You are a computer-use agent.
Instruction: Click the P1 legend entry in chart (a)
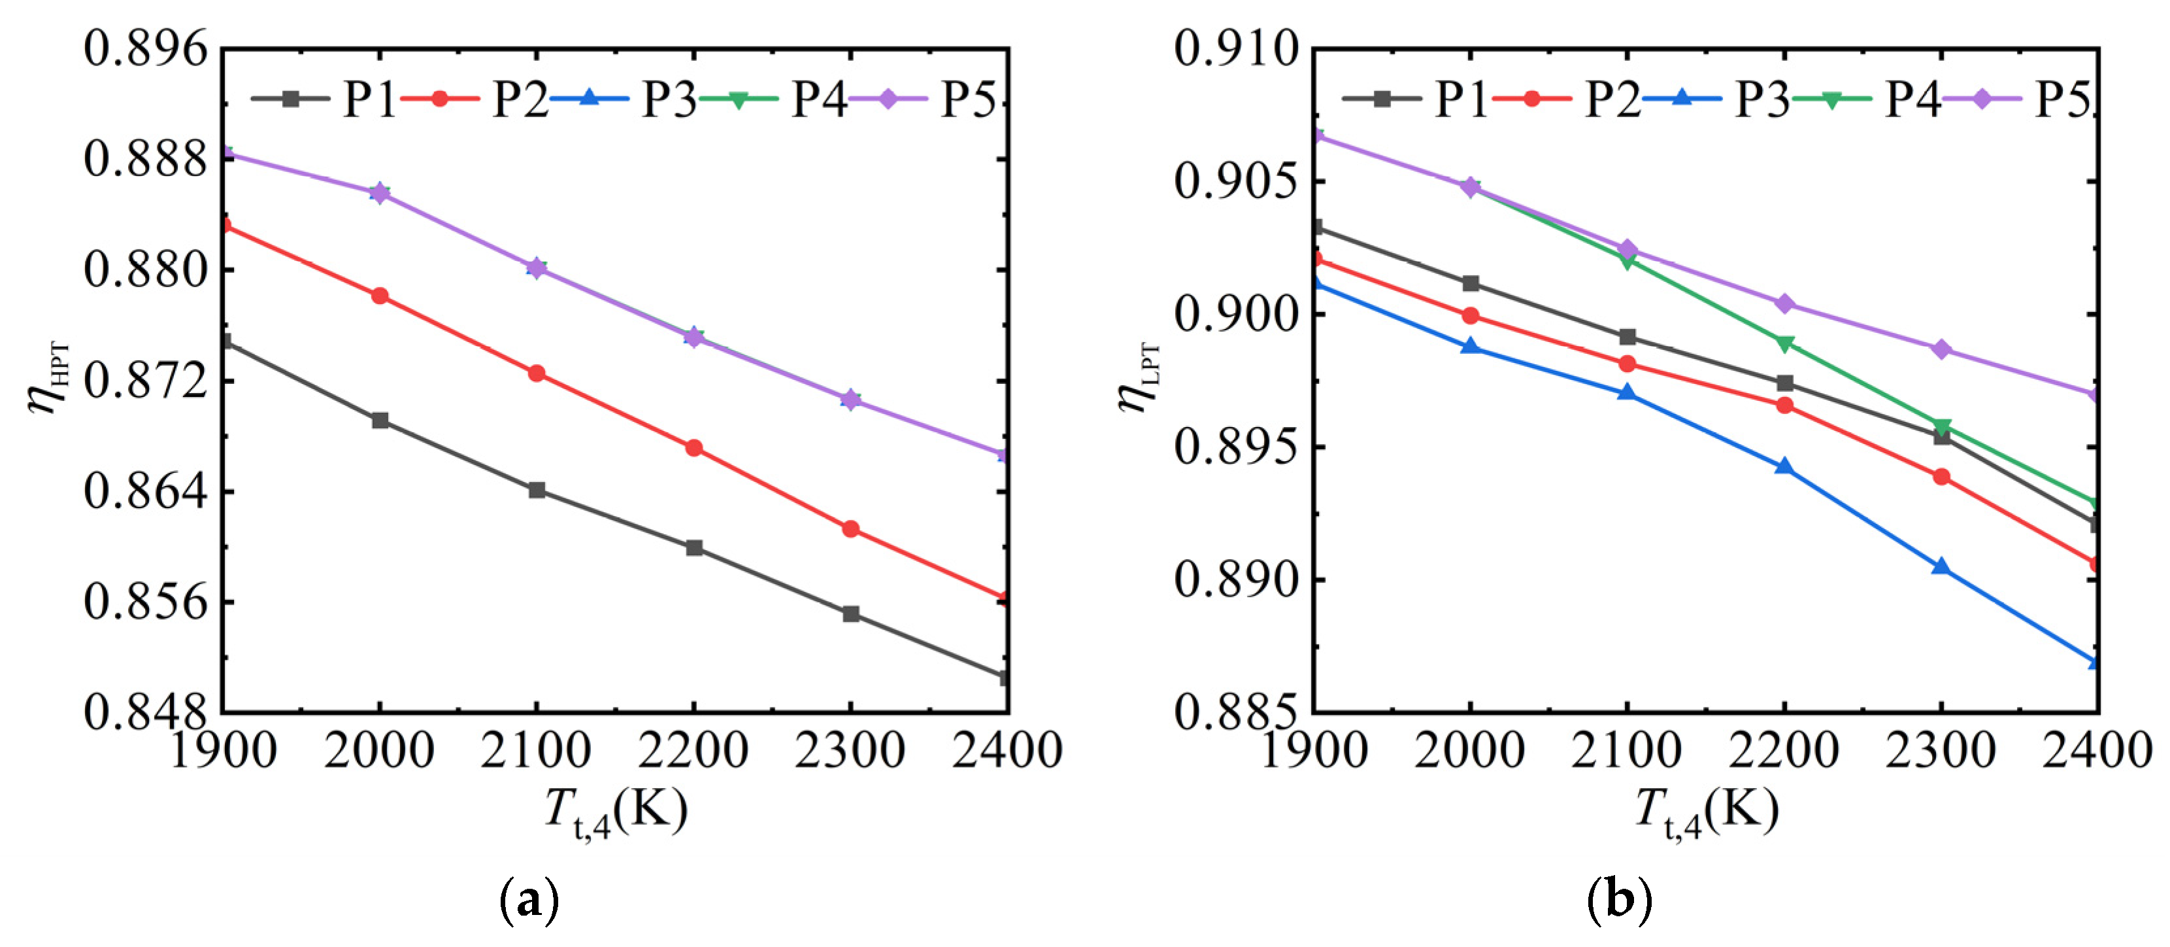coord(324,99)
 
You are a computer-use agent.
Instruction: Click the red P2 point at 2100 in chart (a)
coord(537,373)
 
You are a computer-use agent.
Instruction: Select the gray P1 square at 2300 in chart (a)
coord(851,614)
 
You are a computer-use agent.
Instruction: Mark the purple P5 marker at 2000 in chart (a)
coord(380,193)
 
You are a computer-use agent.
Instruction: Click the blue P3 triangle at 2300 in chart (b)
coord(1941,567)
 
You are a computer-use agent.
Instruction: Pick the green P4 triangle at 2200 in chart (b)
coord(1784,343)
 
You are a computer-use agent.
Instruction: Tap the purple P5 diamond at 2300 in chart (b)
coord(1941,349)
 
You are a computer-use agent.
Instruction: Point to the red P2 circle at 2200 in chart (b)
coord(1784,405)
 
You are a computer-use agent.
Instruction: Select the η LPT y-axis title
coord(1137,379)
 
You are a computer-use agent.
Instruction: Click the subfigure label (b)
coord(1618,900)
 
